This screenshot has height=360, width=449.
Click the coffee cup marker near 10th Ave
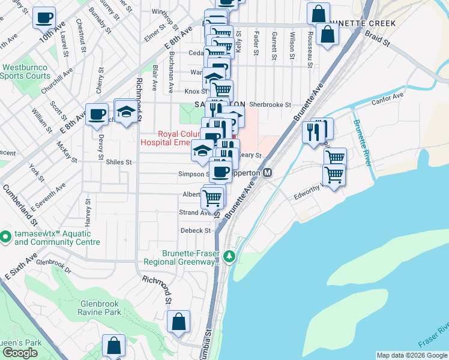coord(43,18)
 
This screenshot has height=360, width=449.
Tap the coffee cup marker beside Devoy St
coord(97,114)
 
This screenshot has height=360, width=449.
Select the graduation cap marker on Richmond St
coord(125,112)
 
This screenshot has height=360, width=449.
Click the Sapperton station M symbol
coord(268,172)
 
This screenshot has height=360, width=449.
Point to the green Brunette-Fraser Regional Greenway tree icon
coord(229,257)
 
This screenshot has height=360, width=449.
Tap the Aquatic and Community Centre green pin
coord(5,237)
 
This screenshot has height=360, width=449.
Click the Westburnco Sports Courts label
coord(25,72)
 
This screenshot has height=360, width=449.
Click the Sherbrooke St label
coord(270,104)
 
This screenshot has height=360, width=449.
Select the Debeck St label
coord(196,230)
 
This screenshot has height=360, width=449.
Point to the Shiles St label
coord(118,162)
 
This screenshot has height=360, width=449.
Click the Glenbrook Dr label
coord(53,262)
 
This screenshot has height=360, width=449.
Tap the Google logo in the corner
coord(20,353)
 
